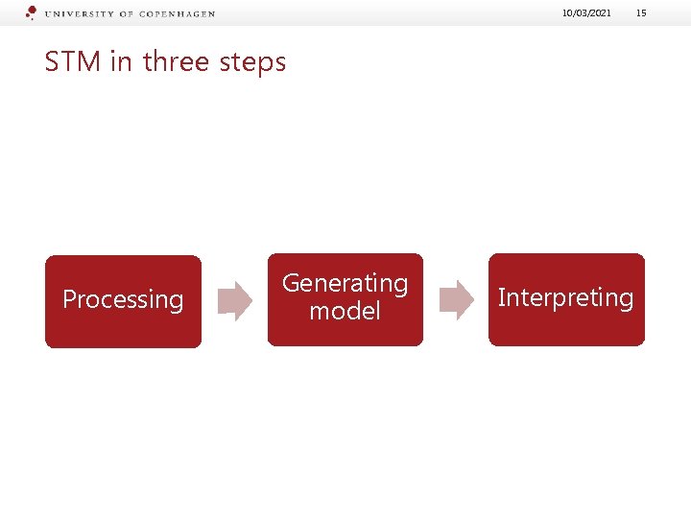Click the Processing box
(123, 301)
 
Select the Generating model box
(345, 299)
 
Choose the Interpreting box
(566, 299)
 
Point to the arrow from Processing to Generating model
(234, 300)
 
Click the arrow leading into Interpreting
(456, 300)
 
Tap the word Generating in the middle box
(345, 284)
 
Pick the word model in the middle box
(345, 312)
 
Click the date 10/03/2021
(587, 13)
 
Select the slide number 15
(642, 13)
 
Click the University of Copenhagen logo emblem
(31, 12)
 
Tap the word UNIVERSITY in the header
(78, 14)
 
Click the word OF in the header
(127, 14)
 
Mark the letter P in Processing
(69, 299)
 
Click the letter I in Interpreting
(501, 297)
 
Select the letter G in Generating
(291, 284)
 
